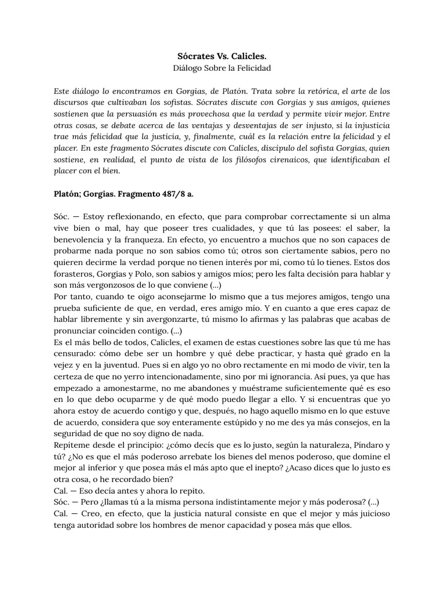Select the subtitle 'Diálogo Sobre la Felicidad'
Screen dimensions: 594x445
[x=222, y=68]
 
